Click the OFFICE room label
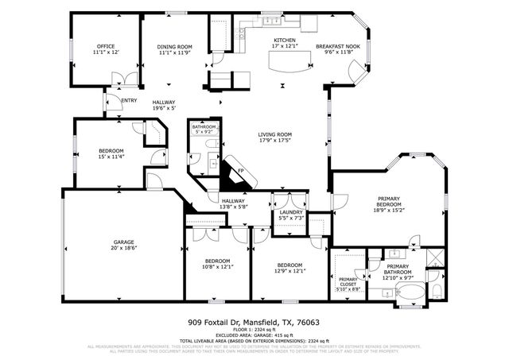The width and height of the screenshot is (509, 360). point(107,47)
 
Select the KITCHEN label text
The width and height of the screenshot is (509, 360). point(285,41)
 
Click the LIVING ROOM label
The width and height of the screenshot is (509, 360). point(274,134)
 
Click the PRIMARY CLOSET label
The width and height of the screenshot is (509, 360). point(348,280)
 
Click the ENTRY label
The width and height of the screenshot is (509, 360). point(128,100)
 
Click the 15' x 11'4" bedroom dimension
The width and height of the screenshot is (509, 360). point(111,157)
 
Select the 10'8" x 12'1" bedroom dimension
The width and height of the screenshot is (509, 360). point(217,267)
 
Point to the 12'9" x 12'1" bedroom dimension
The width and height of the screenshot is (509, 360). point(289,271)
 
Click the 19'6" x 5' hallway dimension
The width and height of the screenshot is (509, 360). point(164,109)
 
